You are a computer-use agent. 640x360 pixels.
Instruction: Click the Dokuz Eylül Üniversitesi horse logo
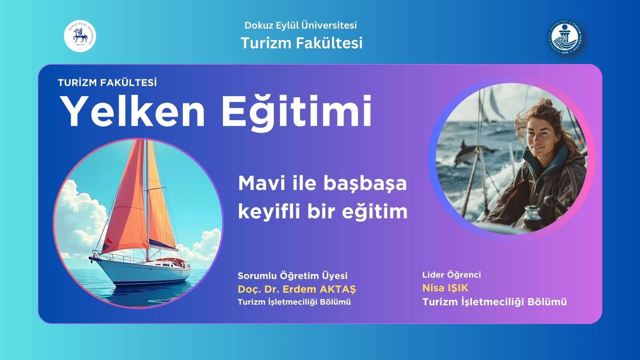[x=80, y=36]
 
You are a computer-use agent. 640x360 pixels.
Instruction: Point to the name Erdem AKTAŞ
[x=319, y=289]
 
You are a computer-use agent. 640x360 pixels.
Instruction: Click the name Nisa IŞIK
[x=445, y=288]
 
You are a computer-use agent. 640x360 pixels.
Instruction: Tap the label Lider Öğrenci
[x=452, y=275]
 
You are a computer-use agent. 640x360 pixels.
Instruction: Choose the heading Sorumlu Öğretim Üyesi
[x=293, y=276]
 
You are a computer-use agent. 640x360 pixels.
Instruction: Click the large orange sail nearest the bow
[x=128, y=200]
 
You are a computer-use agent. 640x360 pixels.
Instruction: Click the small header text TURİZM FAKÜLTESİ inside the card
[x=107, y=83]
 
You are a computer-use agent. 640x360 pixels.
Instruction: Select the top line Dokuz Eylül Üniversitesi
[x=301, y=25]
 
